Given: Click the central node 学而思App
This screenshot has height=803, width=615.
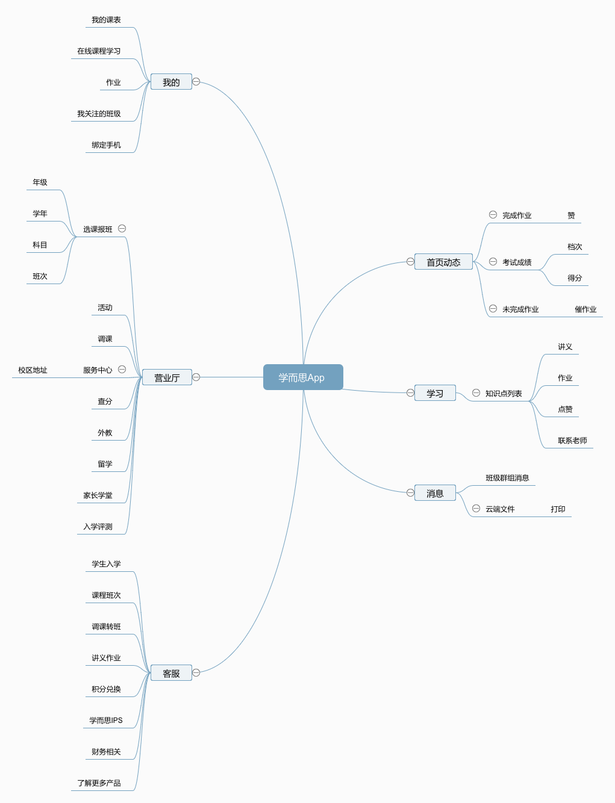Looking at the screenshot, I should point(303,377).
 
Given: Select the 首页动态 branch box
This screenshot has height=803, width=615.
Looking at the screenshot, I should point(443,262).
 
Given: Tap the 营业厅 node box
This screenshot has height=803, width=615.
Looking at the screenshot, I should point(167,377).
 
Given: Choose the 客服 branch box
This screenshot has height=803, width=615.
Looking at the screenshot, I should point(171,673).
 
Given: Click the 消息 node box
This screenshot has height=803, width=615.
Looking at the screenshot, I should point(435,493).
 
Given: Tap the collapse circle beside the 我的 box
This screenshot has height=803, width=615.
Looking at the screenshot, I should point(196,82).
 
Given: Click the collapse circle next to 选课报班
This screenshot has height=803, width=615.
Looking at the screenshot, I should point(122,229).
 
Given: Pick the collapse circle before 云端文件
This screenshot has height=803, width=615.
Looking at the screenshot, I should point(476,509).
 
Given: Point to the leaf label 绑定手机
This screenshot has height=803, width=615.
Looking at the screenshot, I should point(106,145).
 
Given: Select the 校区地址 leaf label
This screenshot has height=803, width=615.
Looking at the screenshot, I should point(33,370).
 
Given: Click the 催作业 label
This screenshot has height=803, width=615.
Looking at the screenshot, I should point(585,309).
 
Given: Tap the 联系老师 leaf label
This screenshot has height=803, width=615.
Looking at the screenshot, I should point(572,441).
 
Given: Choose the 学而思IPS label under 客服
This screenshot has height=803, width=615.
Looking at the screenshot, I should point(106,721).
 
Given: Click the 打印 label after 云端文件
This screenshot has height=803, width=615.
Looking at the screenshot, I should point(558,509).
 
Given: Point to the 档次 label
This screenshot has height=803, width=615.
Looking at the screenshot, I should point(575,247).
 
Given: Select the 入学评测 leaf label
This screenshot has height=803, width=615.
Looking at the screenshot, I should point(98,527).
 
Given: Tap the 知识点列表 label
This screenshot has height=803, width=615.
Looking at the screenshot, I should point(504,394).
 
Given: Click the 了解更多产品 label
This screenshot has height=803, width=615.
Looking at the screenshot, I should point(99,783).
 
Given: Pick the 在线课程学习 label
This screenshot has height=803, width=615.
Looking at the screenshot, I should point(99,51).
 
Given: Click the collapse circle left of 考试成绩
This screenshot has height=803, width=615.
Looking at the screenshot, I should point(493,262).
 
